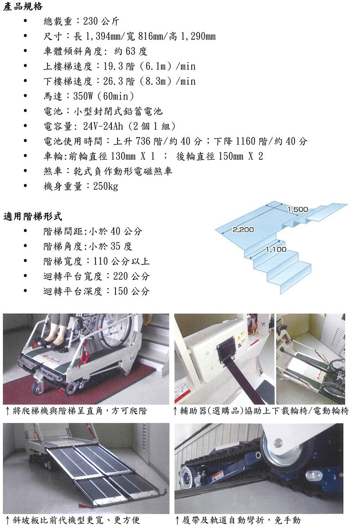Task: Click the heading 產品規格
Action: pos(23,7)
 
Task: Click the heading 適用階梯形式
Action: pos(33,216)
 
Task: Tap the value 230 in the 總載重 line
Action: pos(91,21)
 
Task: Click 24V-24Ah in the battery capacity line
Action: pos(103,126)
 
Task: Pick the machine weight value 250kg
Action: pos(105,187)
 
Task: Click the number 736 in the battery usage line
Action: pos(143,141)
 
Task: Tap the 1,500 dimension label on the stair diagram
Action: pos(298,210)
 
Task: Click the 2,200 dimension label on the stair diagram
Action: pos(243,230)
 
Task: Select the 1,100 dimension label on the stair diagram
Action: pos(276,249)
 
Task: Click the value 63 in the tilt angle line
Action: pos(131,51)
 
